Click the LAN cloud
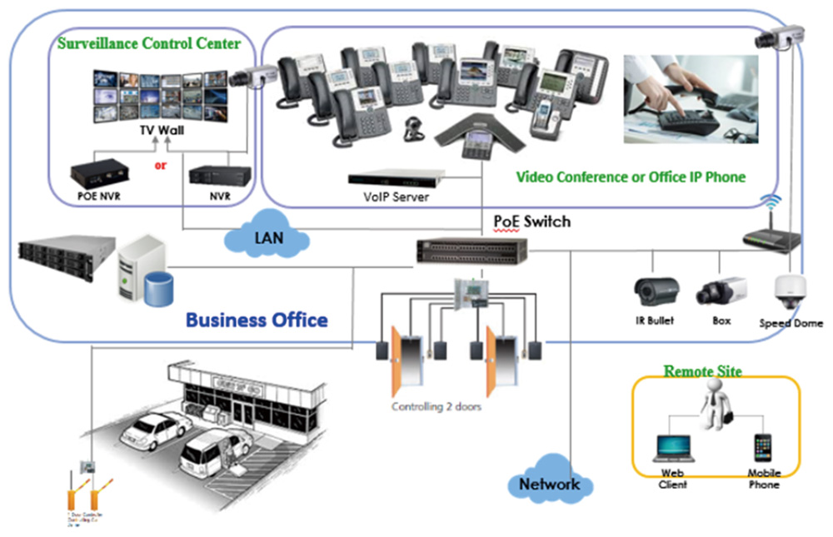(267, 238)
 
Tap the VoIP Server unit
(396, 179)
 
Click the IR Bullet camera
(656, 291)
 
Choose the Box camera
(721, 291)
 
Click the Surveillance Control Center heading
(149, 42)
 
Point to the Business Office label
(257, 320)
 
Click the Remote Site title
(702, 370)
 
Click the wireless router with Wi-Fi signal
(771, 236)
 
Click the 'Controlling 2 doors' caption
(436, 407)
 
